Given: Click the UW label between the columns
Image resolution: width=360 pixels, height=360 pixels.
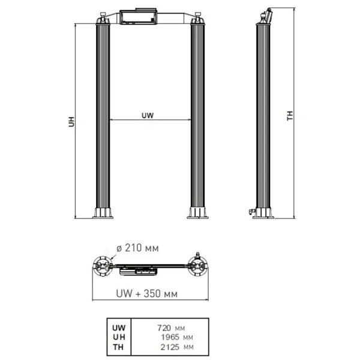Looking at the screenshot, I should click(x=148, y=114).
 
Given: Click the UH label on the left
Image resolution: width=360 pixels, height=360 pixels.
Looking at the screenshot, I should click(x=71, y=122).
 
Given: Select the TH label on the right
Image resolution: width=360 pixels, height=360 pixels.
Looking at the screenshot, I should click(x=290, y=116).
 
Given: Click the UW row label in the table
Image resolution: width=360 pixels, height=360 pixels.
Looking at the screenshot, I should click(x=118, y=328).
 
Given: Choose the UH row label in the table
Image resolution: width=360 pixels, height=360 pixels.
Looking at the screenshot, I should click(x=118, y=337).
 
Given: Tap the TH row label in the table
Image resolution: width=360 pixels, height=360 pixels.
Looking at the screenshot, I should click(x=118, y=346).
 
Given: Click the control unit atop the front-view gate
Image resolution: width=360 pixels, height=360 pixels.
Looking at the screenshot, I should click(x=139, y=17).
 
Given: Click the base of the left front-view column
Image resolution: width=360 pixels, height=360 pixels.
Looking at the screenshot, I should click(x=103, y=212).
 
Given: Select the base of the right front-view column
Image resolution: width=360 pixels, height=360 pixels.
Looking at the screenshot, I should click(x=197, y=212).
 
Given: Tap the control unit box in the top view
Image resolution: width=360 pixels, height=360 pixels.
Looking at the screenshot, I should click(x=139, y=271).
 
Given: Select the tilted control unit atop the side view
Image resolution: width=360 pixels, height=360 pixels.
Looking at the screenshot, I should click(x=266, y=15).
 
